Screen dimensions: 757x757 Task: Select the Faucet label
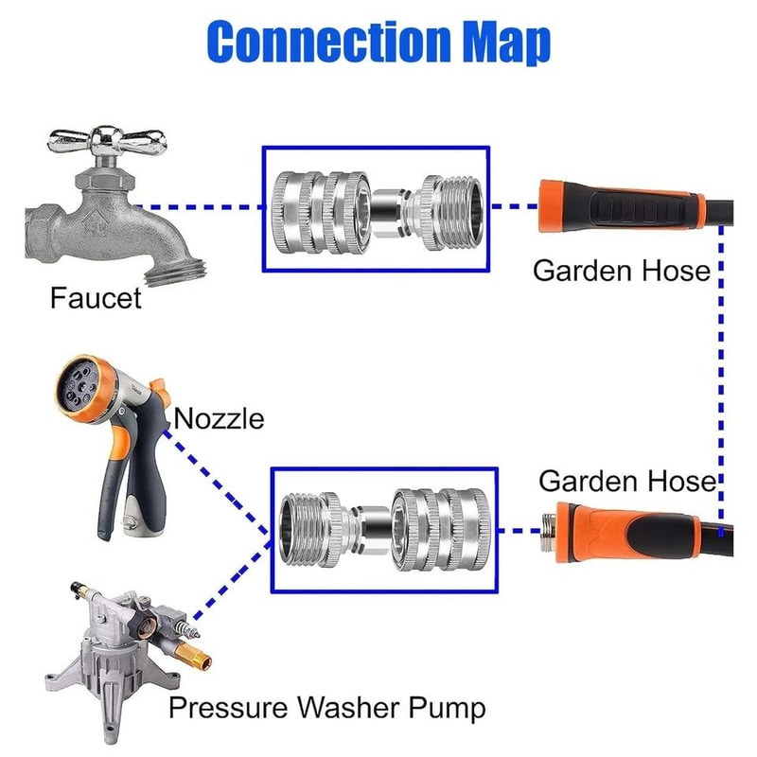(x=95, y=299)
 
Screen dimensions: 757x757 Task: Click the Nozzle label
(x=220, y=417)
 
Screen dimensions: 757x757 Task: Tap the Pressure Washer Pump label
(x=326, y=707)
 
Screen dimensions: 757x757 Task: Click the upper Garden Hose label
(x=621, y=271)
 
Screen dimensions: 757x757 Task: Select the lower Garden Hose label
(x=626, y=481)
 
